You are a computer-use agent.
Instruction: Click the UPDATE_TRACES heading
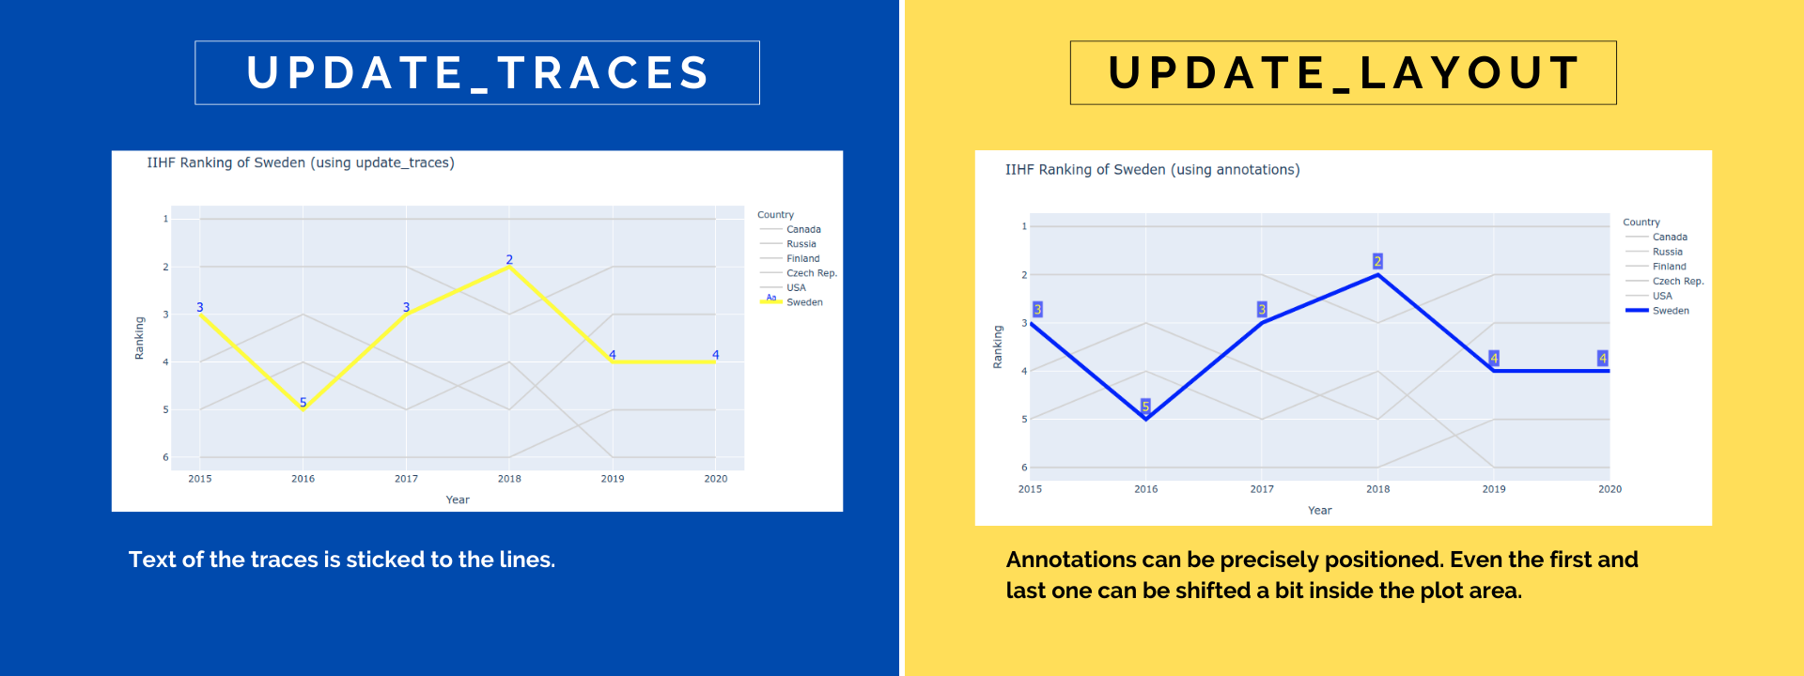[x=477, y=73]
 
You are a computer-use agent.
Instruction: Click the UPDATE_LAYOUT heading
[x=1344, y=73]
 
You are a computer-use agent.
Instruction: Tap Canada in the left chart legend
[x=803, y=229]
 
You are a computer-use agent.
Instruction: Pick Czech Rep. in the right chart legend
[x=1678, y=281]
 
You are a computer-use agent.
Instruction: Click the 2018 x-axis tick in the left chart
[x=509, y=479]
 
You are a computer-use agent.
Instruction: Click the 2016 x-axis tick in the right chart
[x=1145, y=489]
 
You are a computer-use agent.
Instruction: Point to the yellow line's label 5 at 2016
[x=303, y=402]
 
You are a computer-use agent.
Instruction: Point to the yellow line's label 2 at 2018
[x=509, y=259]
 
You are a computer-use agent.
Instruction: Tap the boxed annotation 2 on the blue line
[x=1377, y=261]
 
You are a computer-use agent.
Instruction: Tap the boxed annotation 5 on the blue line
[x=1145, y=406]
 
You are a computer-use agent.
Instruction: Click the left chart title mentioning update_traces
[x=301, y=163]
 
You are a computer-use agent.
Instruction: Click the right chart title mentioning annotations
[x=1153, y=170]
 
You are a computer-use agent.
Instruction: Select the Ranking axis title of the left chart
[x=139, y=338]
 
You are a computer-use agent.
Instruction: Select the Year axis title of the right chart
[x=1319, y=511]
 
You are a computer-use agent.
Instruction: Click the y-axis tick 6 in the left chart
[x=165, y=457]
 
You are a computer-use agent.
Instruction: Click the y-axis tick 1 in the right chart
[x=1024, y=226]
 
